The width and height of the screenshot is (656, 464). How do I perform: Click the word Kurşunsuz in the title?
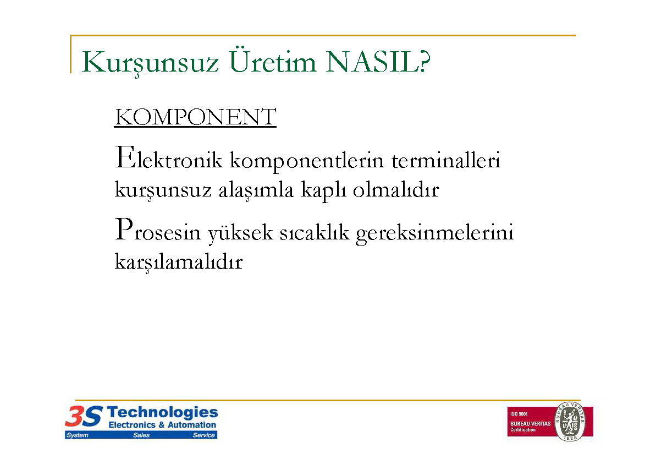tap(150, 63)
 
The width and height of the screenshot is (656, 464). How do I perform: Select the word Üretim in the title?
tap(272, 61)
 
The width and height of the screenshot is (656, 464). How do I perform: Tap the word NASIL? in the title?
tap(378, 62)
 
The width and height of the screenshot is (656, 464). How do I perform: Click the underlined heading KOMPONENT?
tap(195, 117)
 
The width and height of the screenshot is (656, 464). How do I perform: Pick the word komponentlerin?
tap(307, 161)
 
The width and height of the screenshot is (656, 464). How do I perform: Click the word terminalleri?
tap(446, 160)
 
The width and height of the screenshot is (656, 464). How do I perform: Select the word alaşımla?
tap(256, 190)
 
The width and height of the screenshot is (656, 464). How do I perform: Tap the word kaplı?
tap(323, 190)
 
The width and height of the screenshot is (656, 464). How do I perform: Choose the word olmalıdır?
tap(396, 190)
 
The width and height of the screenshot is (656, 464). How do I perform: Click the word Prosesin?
tap(158, 230)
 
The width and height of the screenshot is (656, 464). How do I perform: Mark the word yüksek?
tap(240, 233)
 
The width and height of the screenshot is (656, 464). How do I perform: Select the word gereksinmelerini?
tap(435, 233)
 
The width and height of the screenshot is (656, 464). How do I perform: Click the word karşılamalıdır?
tap(179, 263)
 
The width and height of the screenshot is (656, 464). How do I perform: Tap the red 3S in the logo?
tap(84, 416)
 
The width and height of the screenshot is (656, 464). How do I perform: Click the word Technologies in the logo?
tap(162, 413)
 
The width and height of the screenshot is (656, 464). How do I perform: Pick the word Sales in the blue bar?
tap(141, 435)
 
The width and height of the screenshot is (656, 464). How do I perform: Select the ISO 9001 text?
tap(519, 414)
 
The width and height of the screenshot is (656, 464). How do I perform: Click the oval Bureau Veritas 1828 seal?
tap(570, 421)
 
